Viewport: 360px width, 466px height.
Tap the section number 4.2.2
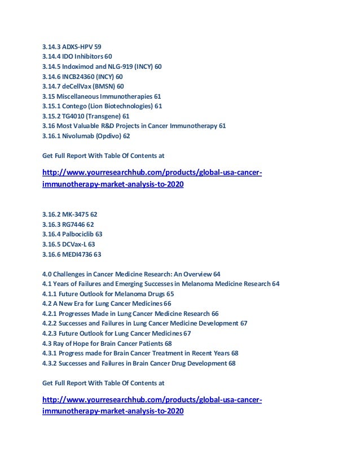pyautogui.click(x=52, y=314)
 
